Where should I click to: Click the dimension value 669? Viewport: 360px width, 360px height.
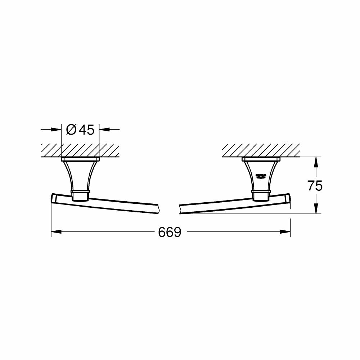tap(169, 233)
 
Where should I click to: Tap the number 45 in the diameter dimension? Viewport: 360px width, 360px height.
tap(86, 130)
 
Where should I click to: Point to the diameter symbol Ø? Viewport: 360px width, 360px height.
tap(71, 130)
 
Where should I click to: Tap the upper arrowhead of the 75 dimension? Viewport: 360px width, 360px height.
tap(316, 162)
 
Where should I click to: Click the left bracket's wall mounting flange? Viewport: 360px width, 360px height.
tap(80, 159)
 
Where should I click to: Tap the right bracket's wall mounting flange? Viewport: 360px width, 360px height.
tap(261, 159)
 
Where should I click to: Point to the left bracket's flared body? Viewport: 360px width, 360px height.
tap(80, 175)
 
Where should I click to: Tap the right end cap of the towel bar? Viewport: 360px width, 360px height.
tap(288, 198)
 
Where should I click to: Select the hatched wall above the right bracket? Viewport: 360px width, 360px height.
tap(261, 150)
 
